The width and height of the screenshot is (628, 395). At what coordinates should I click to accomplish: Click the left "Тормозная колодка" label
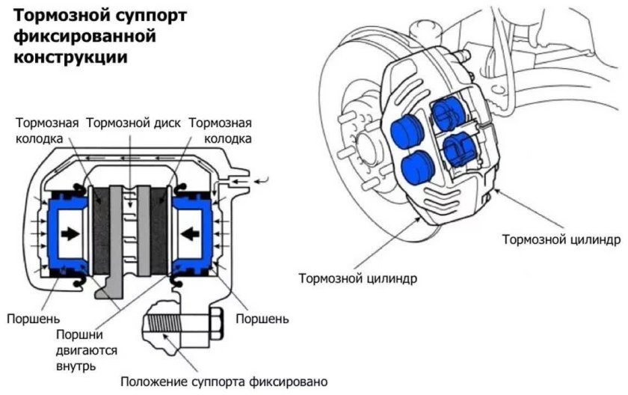point(46,131)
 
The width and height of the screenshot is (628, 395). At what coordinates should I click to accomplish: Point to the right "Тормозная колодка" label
point(220,131)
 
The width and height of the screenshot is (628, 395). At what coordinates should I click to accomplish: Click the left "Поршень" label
point(33,319)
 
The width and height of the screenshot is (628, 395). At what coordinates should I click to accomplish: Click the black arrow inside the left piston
point(71,233)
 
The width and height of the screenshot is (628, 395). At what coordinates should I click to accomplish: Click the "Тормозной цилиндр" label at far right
point(561,241)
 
